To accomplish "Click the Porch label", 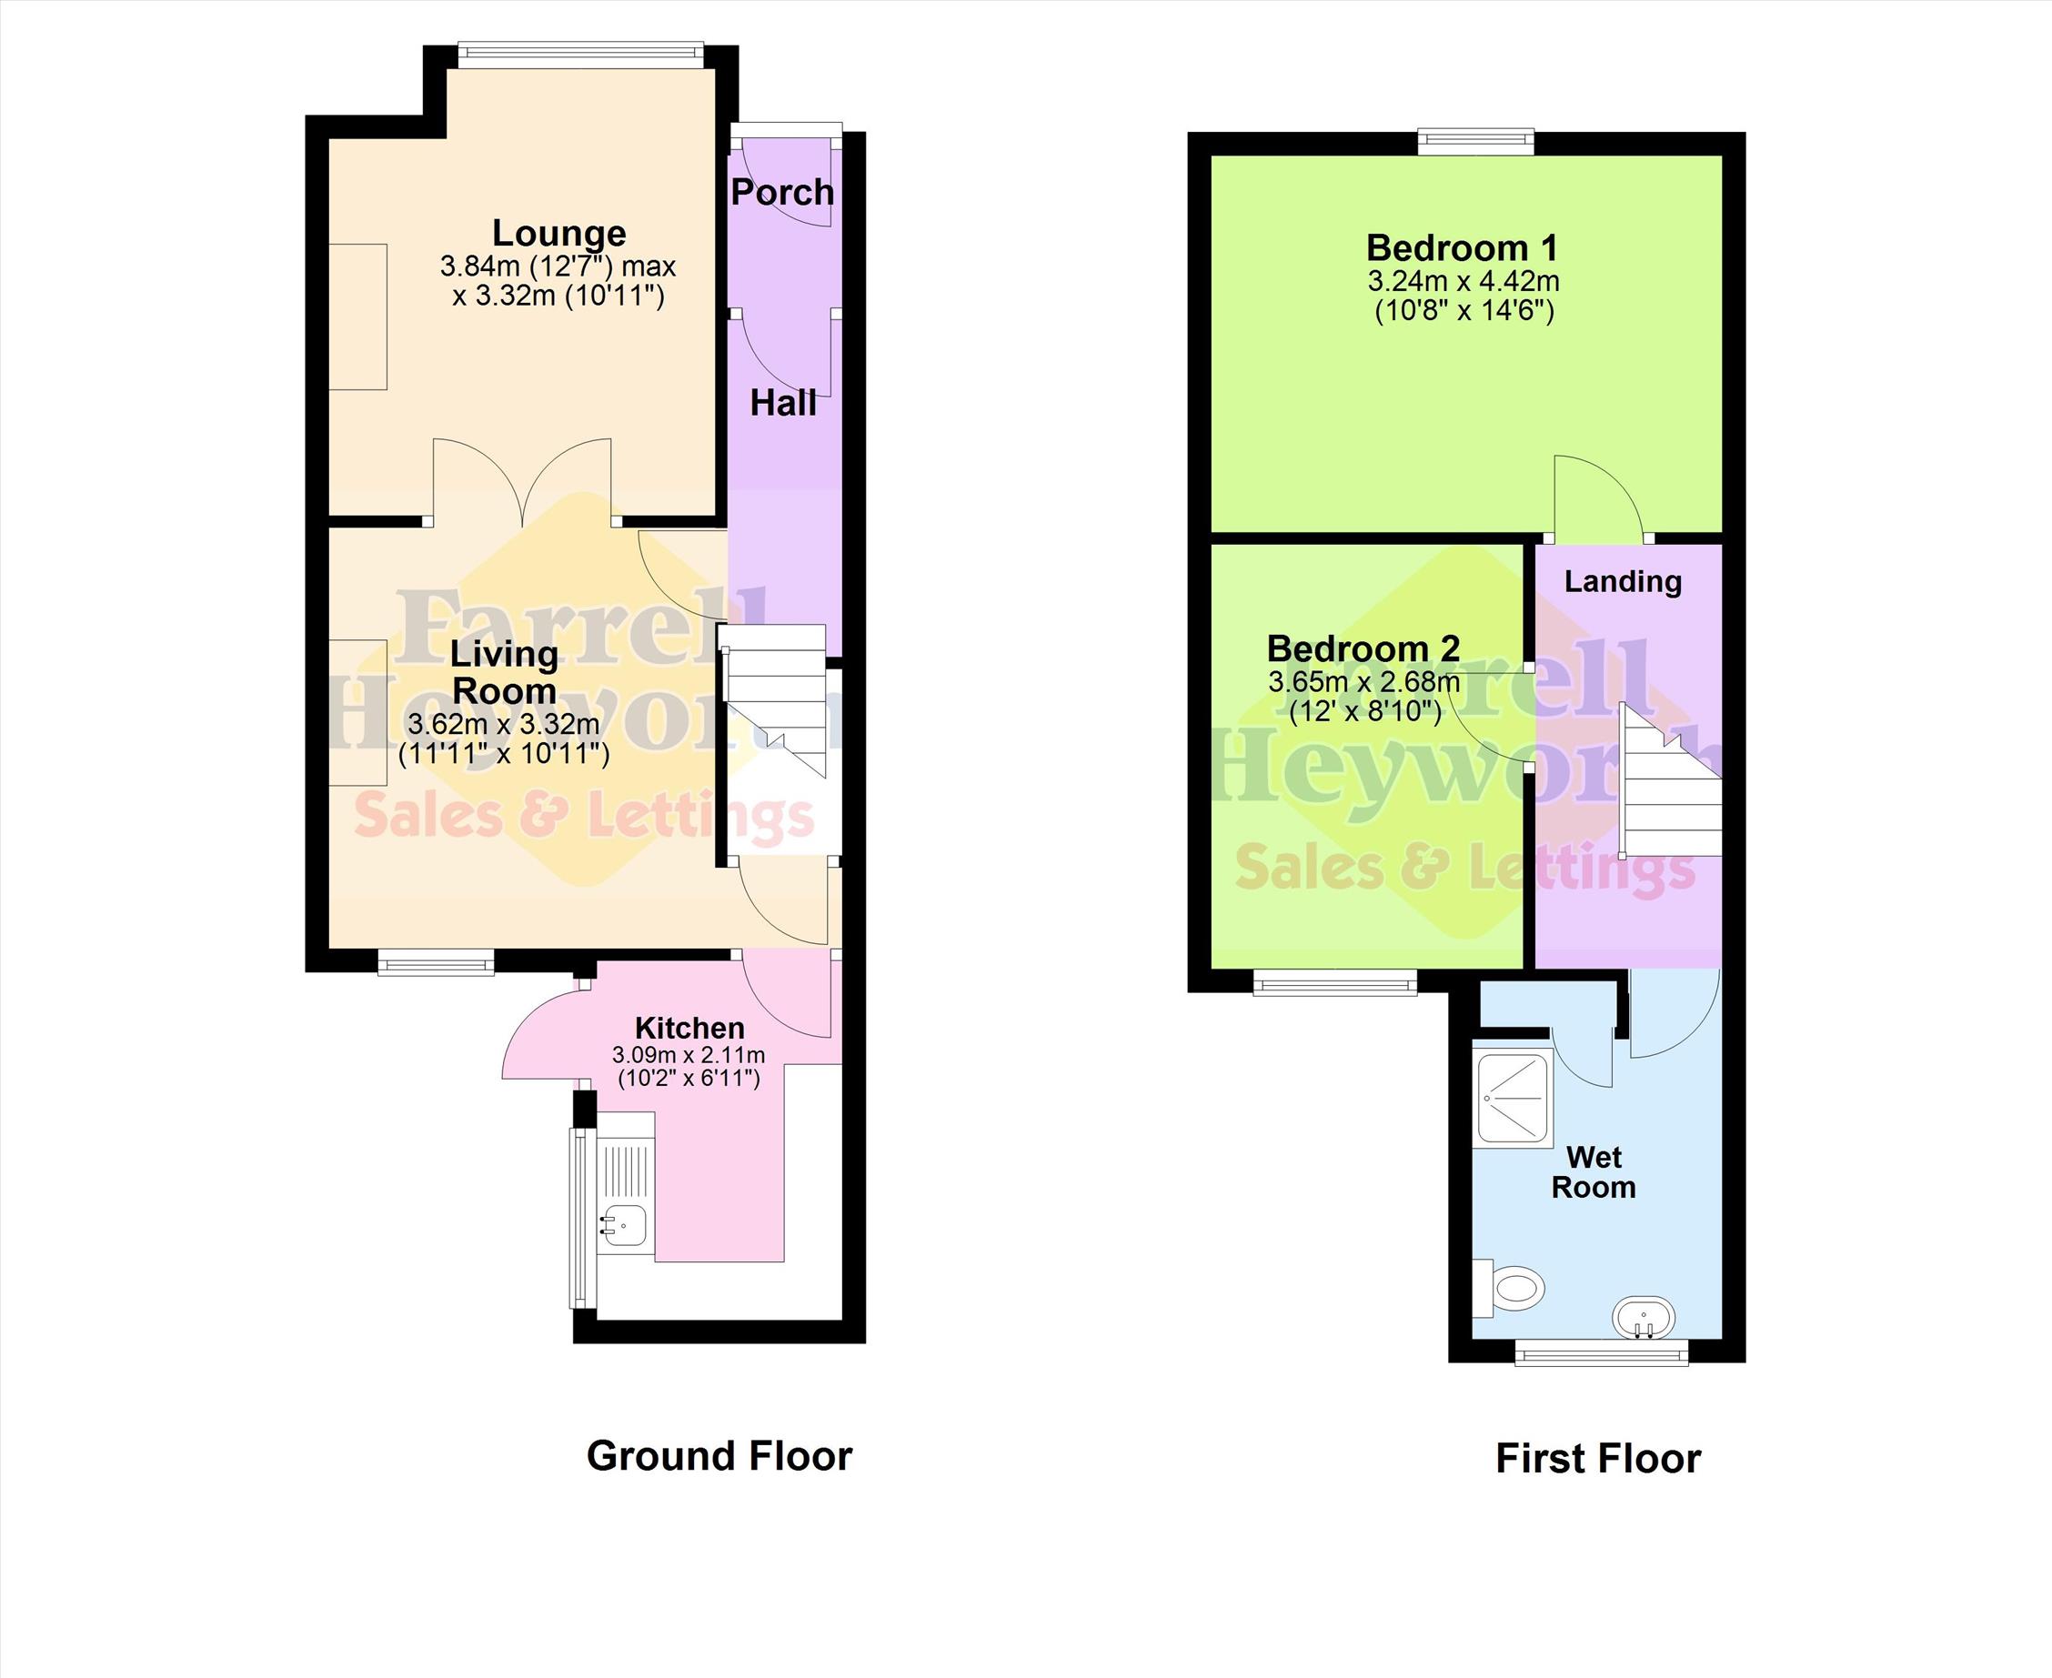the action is pos(782,192).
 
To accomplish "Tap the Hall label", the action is pos(783,403).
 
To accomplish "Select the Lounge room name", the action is pos(558,233).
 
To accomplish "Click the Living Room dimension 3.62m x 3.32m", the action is pos(504,724).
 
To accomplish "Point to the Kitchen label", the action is pos(689,1028).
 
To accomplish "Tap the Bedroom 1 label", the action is pos(1462,248).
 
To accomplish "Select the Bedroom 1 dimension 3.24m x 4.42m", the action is pos(1464,281).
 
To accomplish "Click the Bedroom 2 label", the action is pos(1363,648).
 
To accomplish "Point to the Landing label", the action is pos(1623,581).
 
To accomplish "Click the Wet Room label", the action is pos(1594,1171).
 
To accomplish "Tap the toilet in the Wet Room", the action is pos(1508,1289).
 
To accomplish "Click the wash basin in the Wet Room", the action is pos(1645,1319).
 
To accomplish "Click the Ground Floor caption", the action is pos(719,1456).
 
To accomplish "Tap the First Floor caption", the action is pos(1598,1459).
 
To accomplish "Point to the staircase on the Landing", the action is pos(1670,780).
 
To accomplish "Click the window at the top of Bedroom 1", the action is pos(1476,142).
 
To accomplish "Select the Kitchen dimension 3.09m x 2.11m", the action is pos(689,1064).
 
